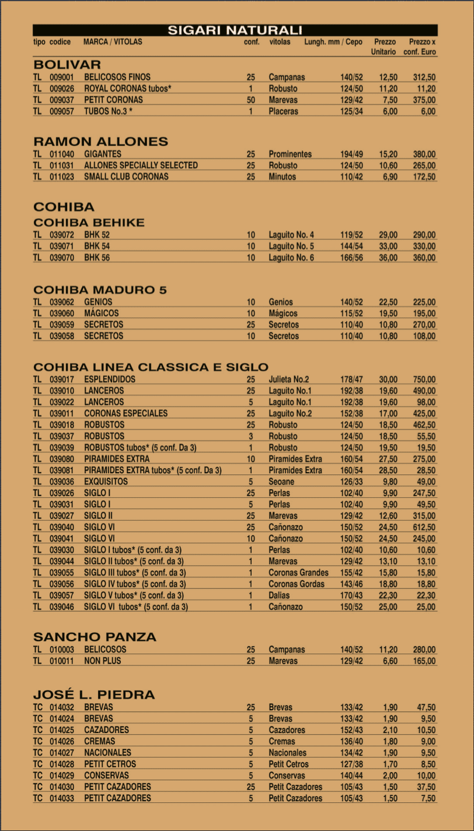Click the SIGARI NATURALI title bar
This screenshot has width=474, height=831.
pos(235,30)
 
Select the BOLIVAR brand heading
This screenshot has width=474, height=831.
pos(67,64)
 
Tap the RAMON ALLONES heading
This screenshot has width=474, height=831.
pos(100,142)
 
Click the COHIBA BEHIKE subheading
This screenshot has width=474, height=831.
pos(89,223)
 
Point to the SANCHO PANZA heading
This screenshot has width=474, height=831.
pos(95,637)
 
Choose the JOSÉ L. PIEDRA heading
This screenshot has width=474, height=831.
pos(94,694)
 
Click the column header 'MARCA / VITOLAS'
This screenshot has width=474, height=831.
pos(113,42)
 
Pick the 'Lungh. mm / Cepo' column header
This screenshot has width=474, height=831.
pos(333,42)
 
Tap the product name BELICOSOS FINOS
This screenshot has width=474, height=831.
pos(117,77)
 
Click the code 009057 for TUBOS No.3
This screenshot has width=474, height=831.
pos(62,111)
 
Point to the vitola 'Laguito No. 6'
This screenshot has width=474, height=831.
pos(291,258)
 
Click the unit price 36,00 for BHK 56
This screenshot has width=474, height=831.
pos(388,258)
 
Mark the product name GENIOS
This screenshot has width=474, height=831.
pos(98,302)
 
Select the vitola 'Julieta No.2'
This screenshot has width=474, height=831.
pos(289,379)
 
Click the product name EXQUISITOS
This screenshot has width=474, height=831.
pos(106,482)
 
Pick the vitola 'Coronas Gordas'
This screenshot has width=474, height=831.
pos(297,584)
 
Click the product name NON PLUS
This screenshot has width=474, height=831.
pos(103,661)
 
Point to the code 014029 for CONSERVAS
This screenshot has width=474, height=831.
pos(62,776)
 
